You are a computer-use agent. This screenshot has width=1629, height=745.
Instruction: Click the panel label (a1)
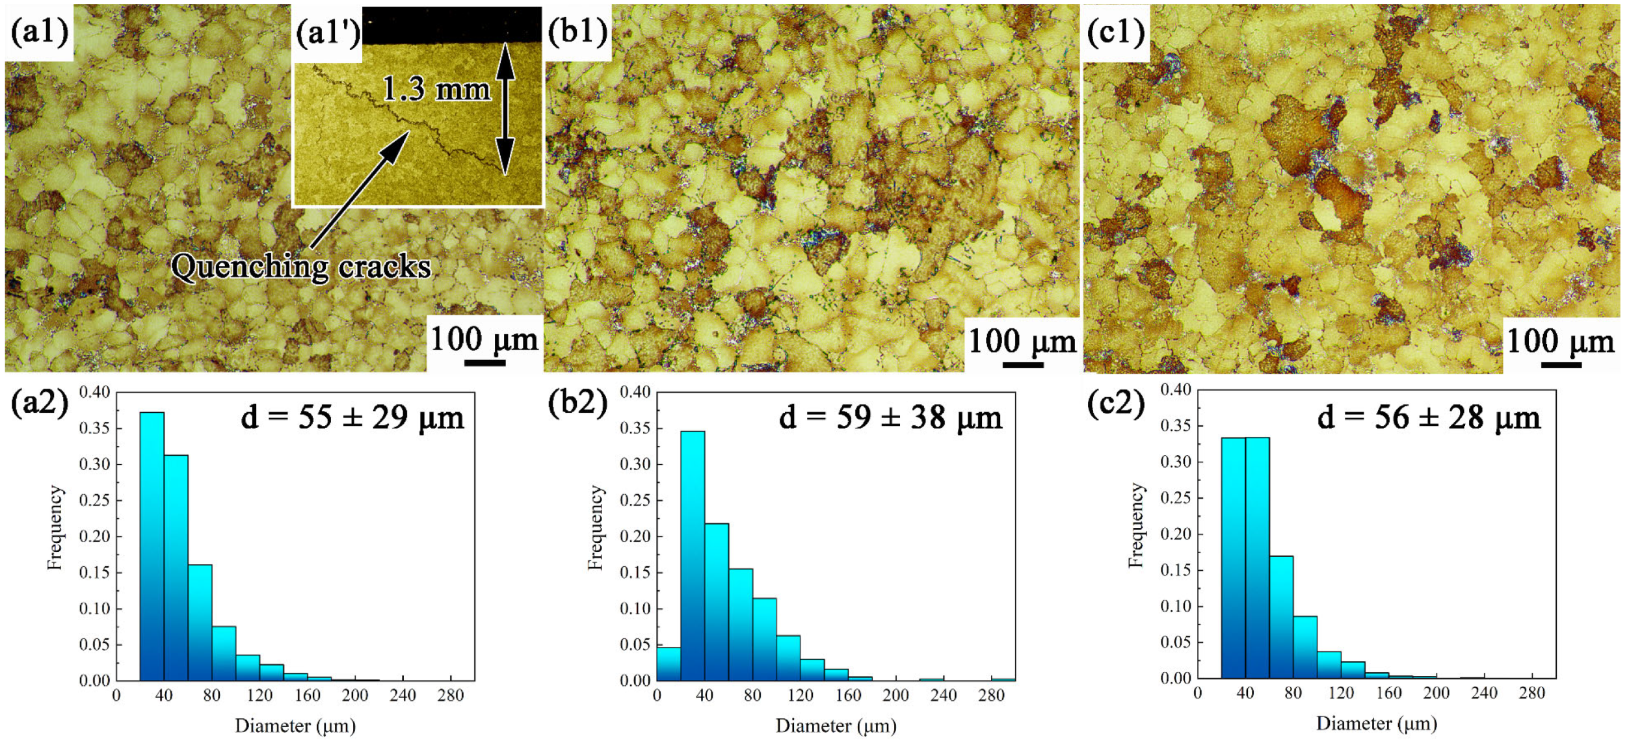[40, 32]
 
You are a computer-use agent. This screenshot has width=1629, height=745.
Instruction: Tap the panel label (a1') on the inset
[327, 32]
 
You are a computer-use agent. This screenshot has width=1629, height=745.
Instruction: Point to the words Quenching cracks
[301, 267]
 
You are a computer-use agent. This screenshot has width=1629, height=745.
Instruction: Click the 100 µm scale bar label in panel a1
[484, 339]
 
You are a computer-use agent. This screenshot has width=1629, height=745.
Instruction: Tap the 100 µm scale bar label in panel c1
[1560, 341]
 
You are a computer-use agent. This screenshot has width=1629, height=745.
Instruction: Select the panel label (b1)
[577, 31]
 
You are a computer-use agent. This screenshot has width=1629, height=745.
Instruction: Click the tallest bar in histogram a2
[152, 546]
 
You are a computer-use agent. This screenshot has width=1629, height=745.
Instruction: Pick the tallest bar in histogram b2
[693, 556]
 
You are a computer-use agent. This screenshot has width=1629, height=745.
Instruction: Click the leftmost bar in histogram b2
[669, 663]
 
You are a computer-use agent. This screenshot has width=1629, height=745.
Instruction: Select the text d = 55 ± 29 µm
[352, 417]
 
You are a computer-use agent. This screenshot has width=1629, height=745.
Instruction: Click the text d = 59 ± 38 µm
[891, 417]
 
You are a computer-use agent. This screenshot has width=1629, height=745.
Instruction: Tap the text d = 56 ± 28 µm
[1429, 417]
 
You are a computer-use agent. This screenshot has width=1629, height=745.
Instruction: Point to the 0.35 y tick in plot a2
[95, 428]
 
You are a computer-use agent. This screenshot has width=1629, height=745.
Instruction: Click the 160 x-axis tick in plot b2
[848, 696]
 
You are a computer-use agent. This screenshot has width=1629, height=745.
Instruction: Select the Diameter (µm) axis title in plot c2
[1376, 724]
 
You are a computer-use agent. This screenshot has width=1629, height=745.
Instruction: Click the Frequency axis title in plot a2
[55, 528]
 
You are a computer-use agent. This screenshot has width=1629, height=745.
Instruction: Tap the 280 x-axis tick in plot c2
[1531, 693]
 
